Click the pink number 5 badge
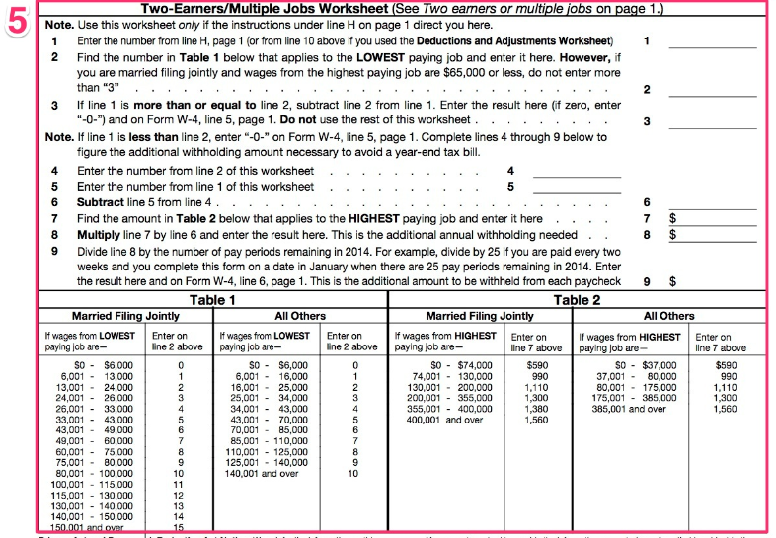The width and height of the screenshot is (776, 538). [x=18, y=22]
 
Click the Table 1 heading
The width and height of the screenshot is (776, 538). [x=212, y=300]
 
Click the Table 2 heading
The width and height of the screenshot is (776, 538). [x=577, y=300]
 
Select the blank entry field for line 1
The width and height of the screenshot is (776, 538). [x=712, y=41]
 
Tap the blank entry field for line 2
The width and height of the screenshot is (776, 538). [x=712, y=89]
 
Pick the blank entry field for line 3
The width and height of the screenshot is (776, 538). [x=712, y=121]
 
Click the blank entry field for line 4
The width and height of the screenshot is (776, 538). [x=577, y=170]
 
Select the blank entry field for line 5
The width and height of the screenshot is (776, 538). [x=577, y=186]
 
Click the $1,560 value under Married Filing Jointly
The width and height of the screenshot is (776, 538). [x=537, y=420]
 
